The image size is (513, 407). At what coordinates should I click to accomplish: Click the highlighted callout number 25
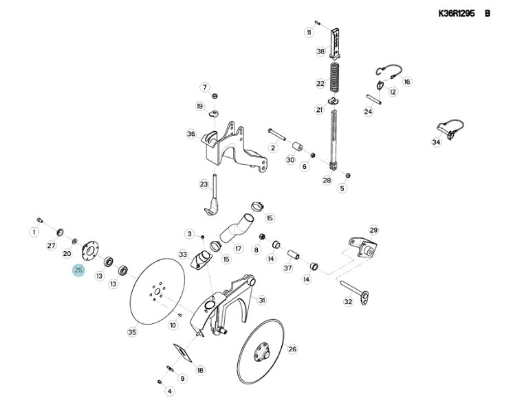coord(78,270)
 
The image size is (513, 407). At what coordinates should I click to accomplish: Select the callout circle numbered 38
coord(320,51)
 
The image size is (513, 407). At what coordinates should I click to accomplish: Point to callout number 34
coord(436,143)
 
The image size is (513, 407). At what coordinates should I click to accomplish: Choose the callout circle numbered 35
coord(132,332)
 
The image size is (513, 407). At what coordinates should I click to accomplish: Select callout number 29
coord(373,230)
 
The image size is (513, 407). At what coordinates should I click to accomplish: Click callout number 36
coord(191,134)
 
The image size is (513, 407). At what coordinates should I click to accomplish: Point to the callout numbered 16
coord(407,82)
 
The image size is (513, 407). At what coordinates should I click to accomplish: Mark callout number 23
coord(204,184)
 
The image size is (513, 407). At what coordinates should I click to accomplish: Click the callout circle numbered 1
coord(33,231)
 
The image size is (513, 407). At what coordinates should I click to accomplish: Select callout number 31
coord(262,300)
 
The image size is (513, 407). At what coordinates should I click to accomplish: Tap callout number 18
coord(200,370)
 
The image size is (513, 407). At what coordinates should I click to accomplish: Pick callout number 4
coord(170,391)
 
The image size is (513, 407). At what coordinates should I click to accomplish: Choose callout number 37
coord(288,268)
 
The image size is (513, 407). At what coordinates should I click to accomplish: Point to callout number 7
coord(204,87)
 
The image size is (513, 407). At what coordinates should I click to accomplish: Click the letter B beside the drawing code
coord(488,13)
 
